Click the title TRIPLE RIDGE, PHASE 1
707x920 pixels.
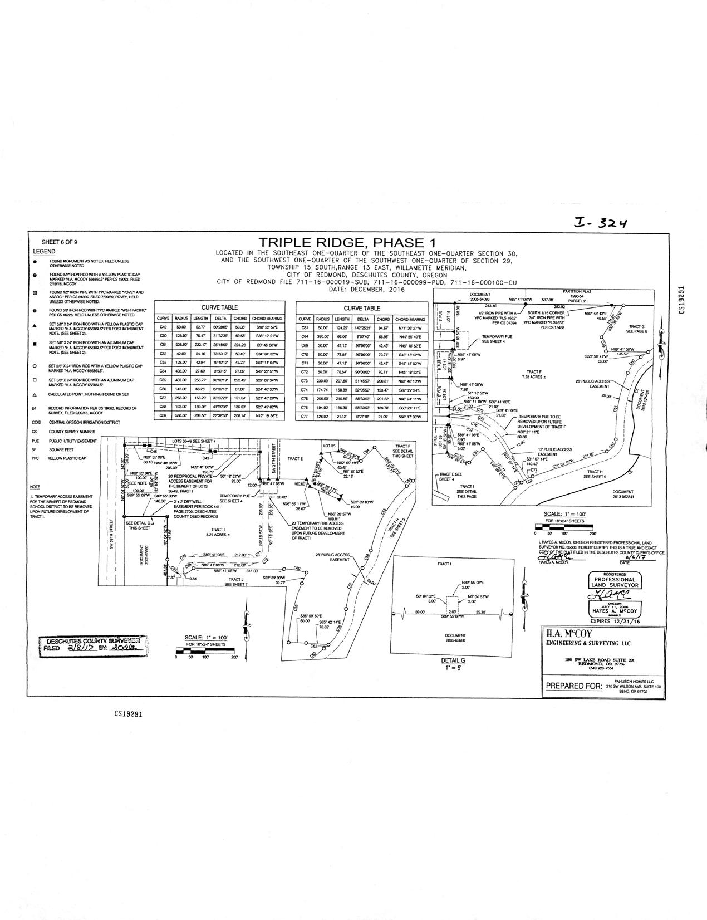(x=346, y=243)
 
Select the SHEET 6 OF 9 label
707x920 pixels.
(x=60, y=242)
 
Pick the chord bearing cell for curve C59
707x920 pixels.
(x=267, y=416)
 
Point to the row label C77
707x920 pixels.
(x=305, y=416)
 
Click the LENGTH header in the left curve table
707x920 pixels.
(x=200, y=319)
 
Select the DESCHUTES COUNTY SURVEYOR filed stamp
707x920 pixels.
(x=92, y=645)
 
